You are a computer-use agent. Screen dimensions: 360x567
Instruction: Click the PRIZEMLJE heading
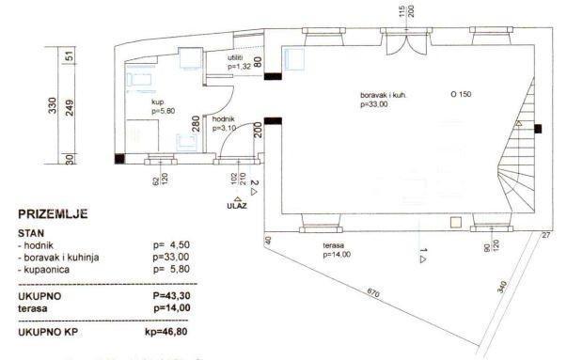click(55, 214)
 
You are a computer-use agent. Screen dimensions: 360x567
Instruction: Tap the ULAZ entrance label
click(237, 205)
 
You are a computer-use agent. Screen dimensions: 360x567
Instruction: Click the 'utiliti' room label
click(236, 58)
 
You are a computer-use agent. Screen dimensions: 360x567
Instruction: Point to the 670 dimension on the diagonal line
click(374, 292)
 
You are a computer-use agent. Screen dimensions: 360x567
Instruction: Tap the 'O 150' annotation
click(461, 95)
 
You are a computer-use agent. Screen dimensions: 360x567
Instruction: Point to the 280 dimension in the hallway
click(196, 125)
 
